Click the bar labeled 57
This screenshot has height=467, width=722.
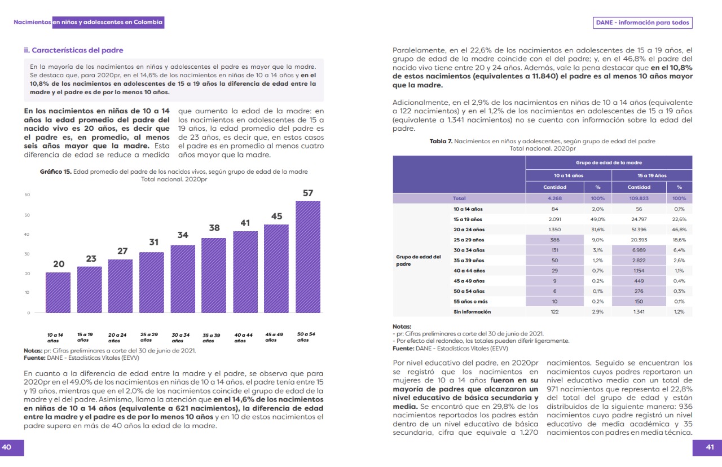[307, 257]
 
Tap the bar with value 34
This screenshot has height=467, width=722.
[183, 279]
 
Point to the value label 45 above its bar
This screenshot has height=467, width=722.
[276, 216]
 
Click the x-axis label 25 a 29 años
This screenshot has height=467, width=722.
[149, 337]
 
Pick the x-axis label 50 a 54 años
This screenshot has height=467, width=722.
[306, 337]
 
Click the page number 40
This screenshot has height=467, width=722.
[7, 447]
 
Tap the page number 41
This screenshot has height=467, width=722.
[710, 447]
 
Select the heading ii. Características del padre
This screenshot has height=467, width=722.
[73, 50]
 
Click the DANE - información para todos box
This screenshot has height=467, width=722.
[642, 23]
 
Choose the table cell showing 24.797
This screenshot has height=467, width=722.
[639, 219]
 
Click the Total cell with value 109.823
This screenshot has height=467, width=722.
[639, 199]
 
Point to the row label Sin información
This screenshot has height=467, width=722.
[472, 312]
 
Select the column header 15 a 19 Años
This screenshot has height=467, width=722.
[652, 175]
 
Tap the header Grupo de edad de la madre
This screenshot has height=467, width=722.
[609, 162]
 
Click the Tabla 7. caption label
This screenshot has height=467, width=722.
[441, 142]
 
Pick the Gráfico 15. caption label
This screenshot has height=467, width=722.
[55, 172]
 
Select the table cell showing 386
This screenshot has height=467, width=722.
[554, 240]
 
